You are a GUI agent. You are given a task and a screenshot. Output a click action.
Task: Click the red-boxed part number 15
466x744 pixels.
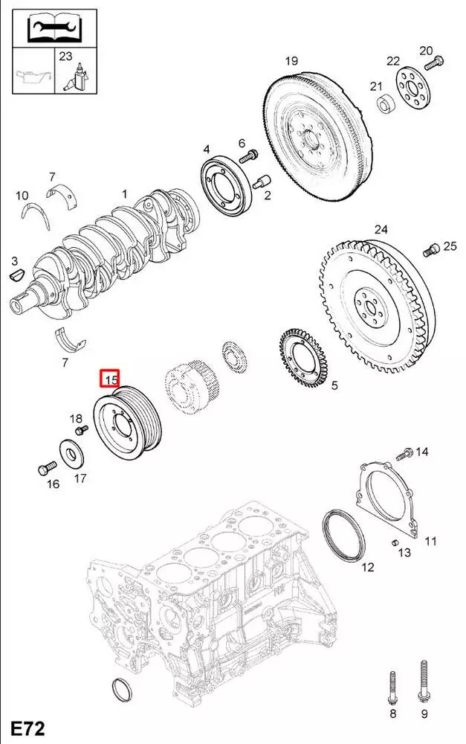[111, 379]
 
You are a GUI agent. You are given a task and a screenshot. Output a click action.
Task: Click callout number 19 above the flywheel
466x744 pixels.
[291, 61]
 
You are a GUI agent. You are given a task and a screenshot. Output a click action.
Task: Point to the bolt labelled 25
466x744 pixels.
[429, 249]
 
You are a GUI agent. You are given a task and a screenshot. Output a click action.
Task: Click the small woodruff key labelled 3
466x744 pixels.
[17, 276]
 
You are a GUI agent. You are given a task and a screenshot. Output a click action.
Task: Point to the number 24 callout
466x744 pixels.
[381, 230]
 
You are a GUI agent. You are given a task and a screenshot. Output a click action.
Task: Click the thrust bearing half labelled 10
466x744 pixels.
[33, 212]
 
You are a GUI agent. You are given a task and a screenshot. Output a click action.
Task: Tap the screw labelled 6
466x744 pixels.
[249, 156]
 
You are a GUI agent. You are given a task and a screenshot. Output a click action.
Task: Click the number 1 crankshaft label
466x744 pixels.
[125, 194]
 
